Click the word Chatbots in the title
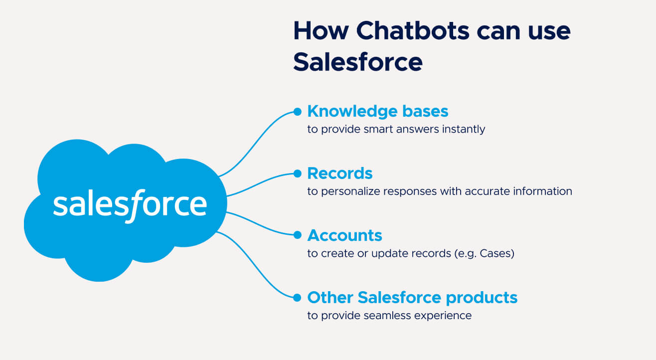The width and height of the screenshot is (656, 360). coord(413,30)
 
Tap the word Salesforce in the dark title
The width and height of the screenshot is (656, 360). coord(357,62)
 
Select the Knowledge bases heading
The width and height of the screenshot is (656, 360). coord(378,111)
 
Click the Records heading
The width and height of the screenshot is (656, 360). coord(340,173)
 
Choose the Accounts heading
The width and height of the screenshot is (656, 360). coord(344,235)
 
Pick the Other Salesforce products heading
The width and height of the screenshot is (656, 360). coord(412,298)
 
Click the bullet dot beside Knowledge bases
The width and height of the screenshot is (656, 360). coord(297,112)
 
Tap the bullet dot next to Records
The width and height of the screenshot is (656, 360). coord(297,174)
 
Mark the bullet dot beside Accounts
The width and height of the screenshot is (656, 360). coord(297,235)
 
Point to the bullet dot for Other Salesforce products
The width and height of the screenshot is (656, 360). coord(297,298)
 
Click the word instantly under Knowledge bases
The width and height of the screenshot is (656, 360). coord(464,130)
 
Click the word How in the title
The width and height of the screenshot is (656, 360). coord(321,30)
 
